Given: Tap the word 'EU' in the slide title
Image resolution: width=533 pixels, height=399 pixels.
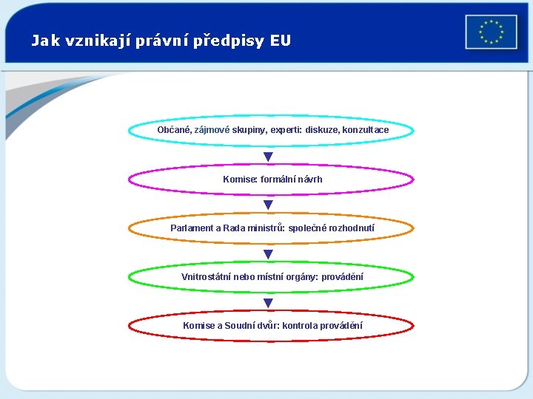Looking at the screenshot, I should point(281,41).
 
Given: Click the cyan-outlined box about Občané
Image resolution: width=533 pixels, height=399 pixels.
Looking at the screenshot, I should point(272,130).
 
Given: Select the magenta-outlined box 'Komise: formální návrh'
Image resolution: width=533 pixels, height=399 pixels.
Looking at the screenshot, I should point(272,179).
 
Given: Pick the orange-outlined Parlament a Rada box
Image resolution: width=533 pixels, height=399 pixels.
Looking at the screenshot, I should point(272,228).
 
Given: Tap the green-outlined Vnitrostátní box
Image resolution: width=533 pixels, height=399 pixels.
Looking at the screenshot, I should point(272,276).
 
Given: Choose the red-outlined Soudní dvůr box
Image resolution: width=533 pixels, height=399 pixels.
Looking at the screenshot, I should point(272,325).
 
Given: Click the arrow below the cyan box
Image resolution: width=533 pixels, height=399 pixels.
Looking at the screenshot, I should point(268,157).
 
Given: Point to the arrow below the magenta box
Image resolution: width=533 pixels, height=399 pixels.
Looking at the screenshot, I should point(268,205).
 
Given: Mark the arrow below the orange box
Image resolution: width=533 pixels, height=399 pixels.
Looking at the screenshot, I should point(268,253).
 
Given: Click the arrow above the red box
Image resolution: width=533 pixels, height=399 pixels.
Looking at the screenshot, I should point(268,302).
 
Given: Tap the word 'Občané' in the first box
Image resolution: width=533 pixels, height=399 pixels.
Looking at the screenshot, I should point(174,130).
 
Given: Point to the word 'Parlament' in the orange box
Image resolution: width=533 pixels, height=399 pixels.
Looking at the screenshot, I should point(191,228).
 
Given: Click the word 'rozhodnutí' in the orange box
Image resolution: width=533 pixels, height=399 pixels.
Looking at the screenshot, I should point(349,228).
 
